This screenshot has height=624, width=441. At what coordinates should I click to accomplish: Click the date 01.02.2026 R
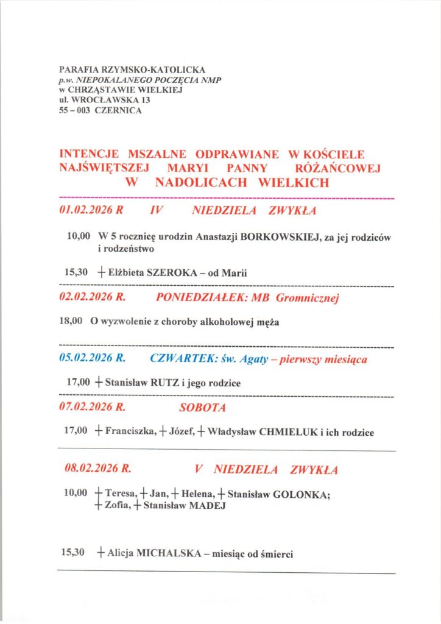point(91,211)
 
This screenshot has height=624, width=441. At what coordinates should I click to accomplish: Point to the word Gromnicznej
point(307,298)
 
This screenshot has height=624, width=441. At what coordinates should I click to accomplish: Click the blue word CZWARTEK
point(178,359)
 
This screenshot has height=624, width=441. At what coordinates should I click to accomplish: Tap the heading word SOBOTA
point(202,407)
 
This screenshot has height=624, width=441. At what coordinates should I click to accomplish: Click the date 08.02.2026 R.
point(98,469)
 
